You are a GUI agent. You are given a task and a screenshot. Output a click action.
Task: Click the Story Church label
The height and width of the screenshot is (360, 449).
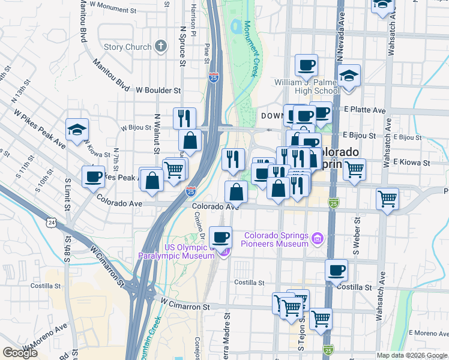pyautogui.click(x=127, y=47)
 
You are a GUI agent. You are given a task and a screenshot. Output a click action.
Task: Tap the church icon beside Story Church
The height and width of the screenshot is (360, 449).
pyautogui.click(x=160, y=46)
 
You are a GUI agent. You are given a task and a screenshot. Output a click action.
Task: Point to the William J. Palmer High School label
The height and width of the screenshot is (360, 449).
pyautogui.click(x=307, y=86)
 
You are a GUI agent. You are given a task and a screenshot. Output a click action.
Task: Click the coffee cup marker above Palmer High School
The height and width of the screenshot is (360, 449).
pyautogui.click(x=306, y=65)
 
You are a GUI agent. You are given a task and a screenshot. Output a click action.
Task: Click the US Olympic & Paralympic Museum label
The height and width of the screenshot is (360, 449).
pyautogui.click(x=176, y=251)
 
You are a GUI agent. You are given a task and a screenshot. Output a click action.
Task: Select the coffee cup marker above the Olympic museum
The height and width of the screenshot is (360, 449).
pyautogui.click(x=220, y=237)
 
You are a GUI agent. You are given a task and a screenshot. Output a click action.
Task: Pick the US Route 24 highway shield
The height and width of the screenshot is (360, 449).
pyautogui.click(x=52, y=223)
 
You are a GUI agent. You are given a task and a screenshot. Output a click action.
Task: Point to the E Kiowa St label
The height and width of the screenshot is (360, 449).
pyautogui.click(x=412, y=162)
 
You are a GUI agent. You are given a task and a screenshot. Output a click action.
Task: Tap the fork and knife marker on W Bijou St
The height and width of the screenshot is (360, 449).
pyautogui.click(x=184, y=118)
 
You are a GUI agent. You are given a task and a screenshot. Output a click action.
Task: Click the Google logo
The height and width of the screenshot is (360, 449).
pyautogui.click(x=20, y=353)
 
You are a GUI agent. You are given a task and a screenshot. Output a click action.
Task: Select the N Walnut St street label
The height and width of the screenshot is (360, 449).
pyautogui.click(x=157, y=131)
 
